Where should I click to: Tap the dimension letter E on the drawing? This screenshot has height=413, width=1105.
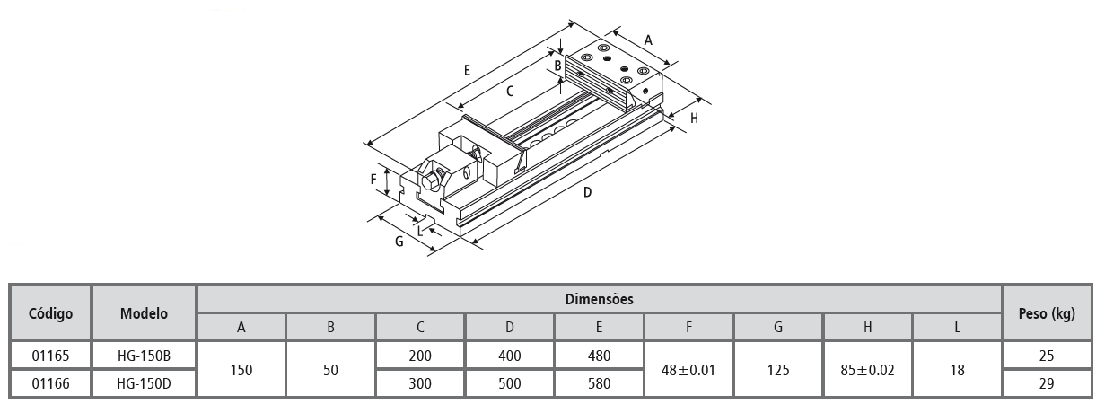[467, 69]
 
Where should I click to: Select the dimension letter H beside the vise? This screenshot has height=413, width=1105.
[695, 118]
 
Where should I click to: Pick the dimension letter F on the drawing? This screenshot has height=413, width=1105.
[373, 179]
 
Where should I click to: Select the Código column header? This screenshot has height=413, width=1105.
[50, 313]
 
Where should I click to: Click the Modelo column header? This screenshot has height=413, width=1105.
[144, 313]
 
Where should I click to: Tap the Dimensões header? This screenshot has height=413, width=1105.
[599, 299]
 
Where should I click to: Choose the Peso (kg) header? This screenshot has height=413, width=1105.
[1048, 313]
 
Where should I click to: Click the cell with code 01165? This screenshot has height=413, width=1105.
[50, 356]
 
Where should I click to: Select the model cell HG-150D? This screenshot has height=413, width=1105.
[144, 383]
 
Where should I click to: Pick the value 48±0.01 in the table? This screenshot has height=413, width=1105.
[688, 369]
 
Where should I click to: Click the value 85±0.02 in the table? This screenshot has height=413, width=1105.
[867, 369]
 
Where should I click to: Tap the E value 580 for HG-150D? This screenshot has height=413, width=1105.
[599, 383]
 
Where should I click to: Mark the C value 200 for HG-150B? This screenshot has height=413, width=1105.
[420, 356]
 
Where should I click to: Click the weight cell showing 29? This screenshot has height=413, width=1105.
[1048, 383]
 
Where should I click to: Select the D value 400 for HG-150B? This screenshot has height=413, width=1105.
[509, 356]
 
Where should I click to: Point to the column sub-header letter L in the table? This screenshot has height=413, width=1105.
[957, 328]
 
